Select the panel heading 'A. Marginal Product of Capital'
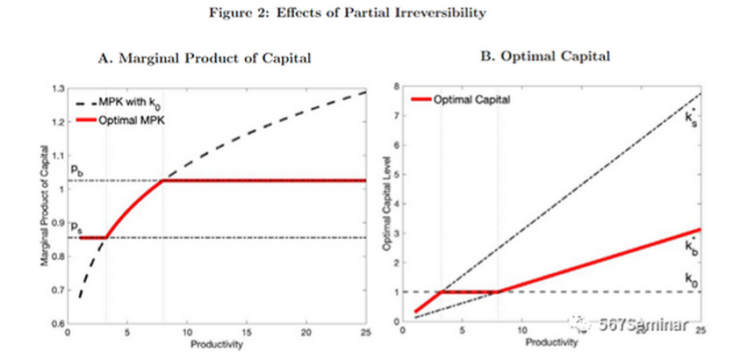pos(208,58)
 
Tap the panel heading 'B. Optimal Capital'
pos(542,56)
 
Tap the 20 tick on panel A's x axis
pos(306,333)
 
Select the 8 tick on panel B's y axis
pos(397,87)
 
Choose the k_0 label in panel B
pos(691,278)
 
